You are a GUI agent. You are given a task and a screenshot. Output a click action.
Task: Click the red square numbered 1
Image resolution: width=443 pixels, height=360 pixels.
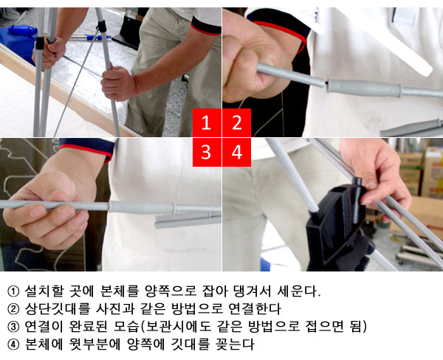(x=207, y=122)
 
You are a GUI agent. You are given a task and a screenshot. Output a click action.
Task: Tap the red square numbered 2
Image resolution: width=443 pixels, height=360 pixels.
(x=237, y=122)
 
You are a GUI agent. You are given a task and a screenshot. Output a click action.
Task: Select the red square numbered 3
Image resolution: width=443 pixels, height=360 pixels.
(x=207, y=152)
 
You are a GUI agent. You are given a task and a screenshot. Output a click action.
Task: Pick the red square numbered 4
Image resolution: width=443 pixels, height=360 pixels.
(x=237, y=152)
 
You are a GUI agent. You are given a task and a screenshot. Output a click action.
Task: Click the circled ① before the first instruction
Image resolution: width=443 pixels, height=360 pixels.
(x=13, y=291)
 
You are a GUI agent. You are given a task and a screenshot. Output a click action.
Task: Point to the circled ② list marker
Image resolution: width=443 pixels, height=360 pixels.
(x=13, y=309)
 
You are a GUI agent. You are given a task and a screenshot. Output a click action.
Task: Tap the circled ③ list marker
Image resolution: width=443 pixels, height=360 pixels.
(x=13, y=327)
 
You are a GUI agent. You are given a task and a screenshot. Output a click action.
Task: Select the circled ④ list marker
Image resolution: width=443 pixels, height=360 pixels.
(x=13, y=345)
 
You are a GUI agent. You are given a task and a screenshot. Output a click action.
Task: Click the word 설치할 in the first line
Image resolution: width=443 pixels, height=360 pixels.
(x=44, y=291)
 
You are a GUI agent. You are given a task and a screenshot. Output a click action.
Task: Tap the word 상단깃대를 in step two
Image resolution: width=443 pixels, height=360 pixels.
(x=58, y=308)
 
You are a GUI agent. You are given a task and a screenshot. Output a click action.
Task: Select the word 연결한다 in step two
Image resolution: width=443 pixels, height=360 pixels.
(x=255, y=308)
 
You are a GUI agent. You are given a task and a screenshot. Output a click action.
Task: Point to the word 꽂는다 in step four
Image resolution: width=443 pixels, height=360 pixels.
(x=235, y=345)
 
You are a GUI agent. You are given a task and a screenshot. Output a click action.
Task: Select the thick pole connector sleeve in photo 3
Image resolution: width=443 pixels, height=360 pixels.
(x=141, y=207)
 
